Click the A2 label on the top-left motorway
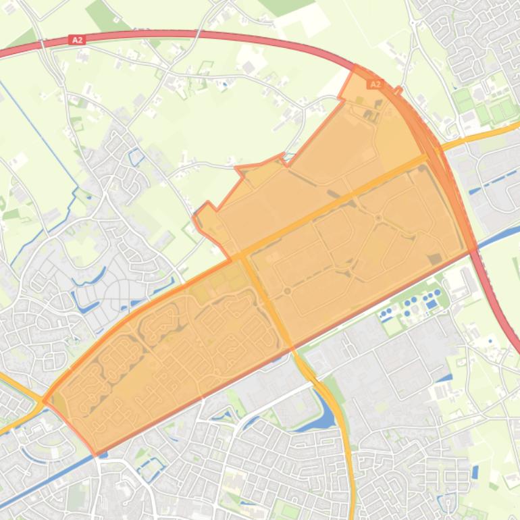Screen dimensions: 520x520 tap(78, 41)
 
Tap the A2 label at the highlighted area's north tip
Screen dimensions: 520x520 tap(375, 84)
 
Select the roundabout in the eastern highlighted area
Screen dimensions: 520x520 tap(379, 217)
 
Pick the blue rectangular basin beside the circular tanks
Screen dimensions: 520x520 tap(432, 304)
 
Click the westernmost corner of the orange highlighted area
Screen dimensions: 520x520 tap(44, 400)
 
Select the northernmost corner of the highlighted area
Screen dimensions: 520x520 tap(355, 66)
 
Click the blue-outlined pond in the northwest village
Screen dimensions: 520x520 tap(136, 157)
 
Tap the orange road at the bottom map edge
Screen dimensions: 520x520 tap(351, 513)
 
